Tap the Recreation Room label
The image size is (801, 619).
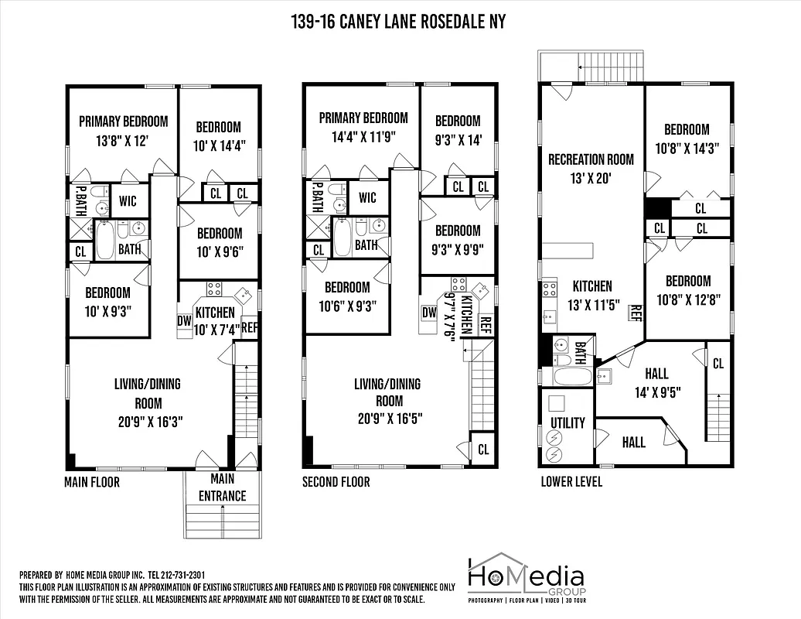point(591,159)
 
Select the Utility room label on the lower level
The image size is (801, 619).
point(568,423)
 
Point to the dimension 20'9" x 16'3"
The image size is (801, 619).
point(148,422)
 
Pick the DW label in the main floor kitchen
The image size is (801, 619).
point(184,320)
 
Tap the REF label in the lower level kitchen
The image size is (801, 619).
point(636,313)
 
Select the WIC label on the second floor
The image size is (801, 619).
point(367,198)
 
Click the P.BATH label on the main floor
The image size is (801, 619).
point(80,201)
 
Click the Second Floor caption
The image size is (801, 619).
point(336,482)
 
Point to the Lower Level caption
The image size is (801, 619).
point(571,482)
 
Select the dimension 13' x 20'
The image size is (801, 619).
point(591,178)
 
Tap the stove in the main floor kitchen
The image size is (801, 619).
point(213,289)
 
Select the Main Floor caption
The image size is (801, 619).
point(91,482)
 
